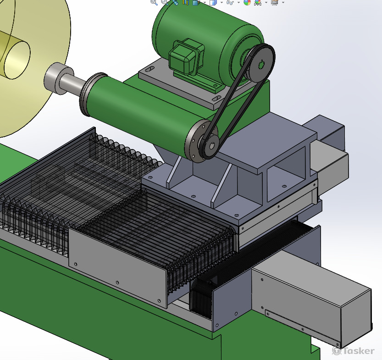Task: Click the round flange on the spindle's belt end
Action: click(x=196, y=141)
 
